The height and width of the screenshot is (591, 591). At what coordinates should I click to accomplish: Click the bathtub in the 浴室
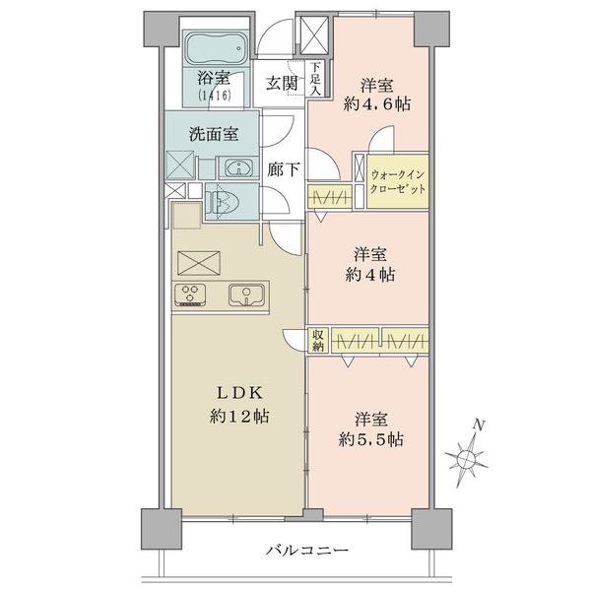(217, 48)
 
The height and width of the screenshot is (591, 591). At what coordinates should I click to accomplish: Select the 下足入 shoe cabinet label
(315, 79)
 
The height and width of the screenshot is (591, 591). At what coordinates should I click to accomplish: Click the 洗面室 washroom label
(214, 134)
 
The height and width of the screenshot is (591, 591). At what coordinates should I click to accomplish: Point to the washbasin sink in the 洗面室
(239, 167)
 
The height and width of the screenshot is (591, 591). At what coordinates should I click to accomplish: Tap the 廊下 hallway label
(284, 169)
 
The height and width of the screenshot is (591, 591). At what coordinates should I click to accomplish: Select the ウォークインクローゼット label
(398, 181)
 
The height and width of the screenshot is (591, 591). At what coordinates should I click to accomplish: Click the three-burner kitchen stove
(190, 295)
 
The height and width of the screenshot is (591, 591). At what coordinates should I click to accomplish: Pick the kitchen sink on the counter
(246, 295)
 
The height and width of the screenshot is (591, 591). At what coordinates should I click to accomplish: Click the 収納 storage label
(318, 341)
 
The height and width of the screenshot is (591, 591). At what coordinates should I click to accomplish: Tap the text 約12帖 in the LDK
(239, 416)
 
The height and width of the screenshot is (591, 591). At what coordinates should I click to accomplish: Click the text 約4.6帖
(376, 103)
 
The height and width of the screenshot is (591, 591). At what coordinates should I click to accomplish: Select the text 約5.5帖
(371, 438)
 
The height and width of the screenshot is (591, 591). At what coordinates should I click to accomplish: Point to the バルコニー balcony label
(306, 551)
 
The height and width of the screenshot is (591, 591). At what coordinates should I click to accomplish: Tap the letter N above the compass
(479, 426)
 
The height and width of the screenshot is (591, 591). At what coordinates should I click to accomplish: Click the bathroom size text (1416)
(214, 96)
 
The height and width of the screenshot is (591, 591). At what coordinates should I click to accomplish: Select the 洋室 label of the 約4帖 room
(370, 254)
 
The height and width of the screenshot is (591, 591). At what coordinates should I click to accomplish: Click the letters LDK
(239, 393)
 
